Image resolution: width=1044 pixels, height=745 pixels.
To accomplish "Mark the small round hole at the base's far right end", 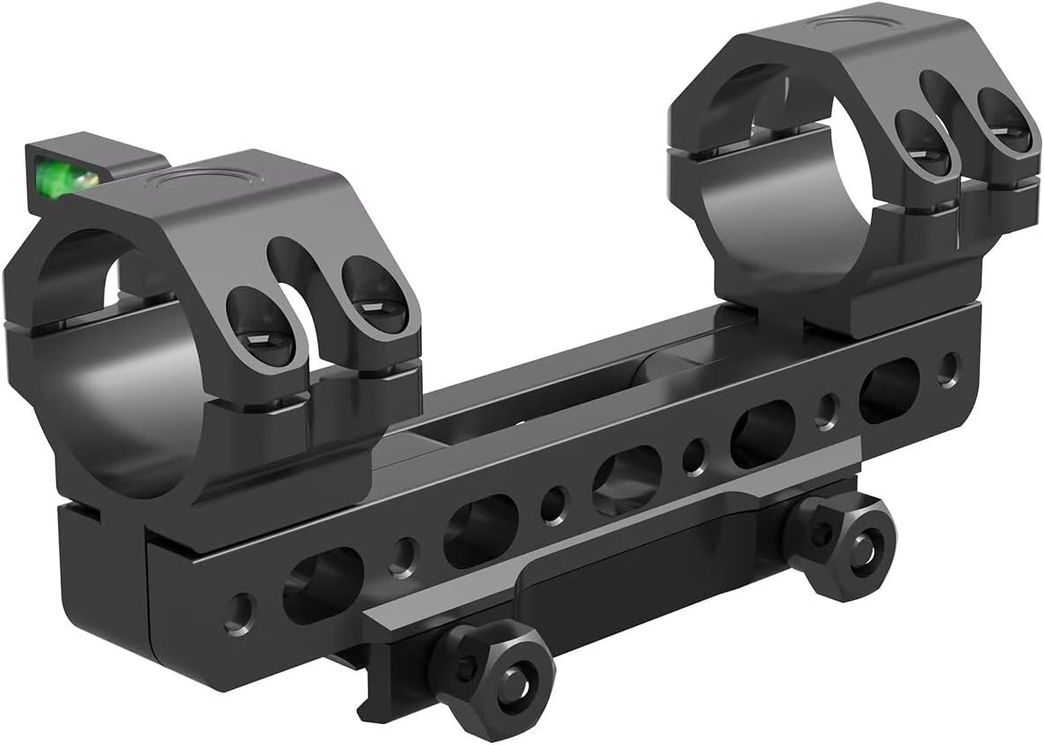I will [x=947, y=367].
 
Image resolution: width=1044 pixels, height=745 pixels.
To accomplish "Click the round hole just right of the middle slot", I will [x=694, y=457].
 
